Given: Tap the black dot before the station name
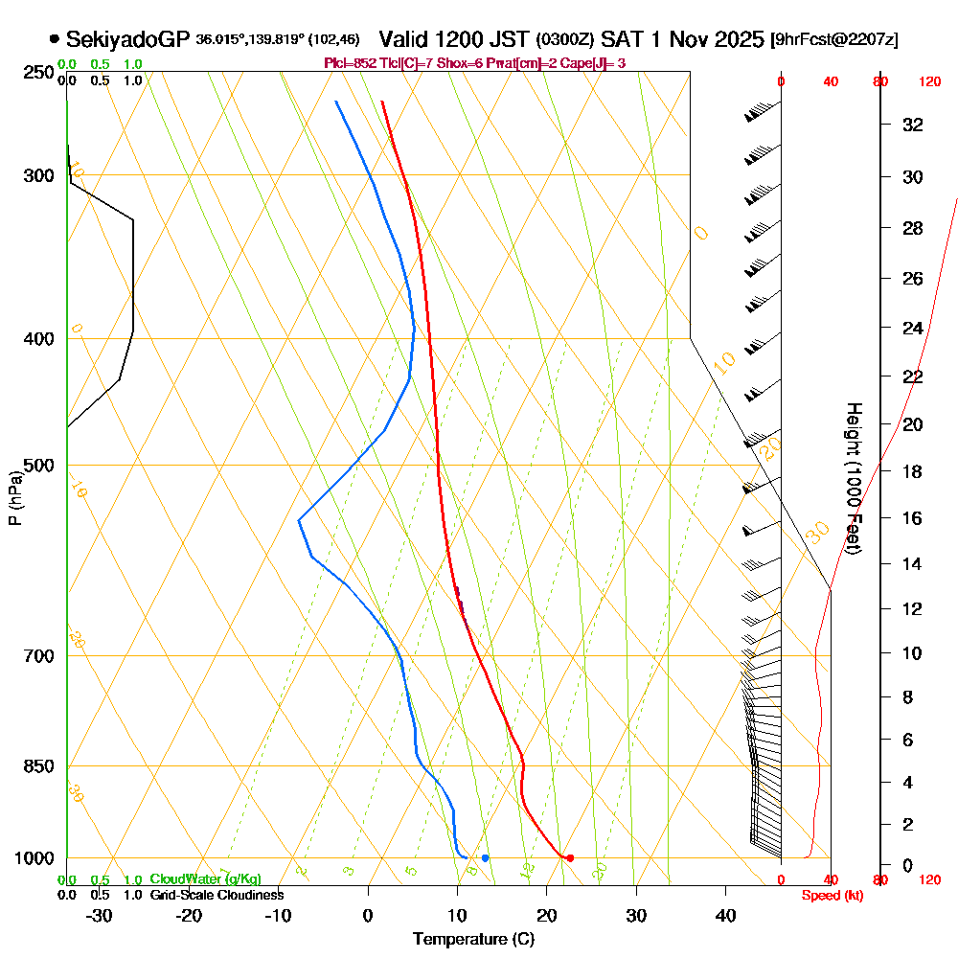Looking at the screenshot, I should point(55,39).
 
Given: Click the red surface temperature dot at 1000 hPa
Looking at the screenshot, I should point(570,858).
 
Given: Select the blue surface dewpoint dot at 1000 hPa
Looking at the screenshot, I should point(486,858).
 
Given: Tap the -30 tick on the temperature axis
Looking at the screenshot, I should point(99,916).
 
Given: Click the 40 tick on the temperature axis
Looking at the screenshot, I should point(725,916).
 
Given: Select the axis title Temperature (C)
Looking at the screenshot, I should point(473,939).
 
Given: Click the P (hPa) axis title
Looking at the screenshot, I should point(14,498).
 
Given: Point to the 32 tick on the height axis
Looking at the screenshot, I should point(914,124).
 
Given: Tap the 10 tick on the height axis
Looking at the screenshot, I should point(914,653).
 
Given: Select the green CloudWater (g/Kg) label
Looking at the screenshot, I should point(205,879).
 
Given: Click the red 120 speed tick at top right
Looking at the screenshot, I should point(929,82).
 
